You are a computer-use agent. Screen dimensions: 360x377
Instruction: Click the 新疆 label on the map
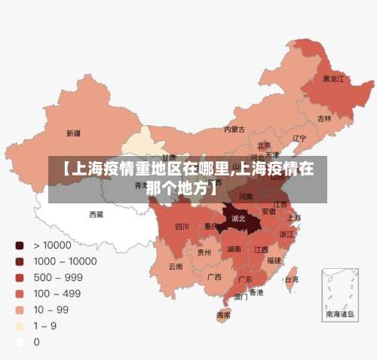coord(73,133)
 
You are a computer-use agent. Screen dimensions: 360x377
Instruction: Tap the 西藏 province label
coord(97,215)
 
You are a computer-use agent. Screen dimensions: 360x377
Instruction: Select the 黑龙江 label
coord(333,78)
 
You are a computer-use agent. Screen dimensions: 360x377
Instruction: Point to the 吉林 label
coord(324,118)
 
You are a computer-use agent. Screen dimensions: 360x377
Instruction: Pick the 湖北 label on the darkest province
coord(239,218)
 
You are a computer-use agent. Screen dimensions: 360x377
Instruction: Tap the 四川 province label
coord(182,227)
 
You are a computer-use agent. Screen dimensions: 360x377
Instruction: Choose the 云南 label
coord(176,266)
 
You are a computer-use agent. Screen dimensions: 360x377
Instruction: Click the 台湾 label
coord(290,279)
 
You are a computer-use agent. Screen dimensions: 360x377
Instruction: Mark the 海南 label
coord(224,315)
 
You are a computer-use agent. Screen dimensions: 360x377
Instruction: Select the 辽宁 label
coord(299,139)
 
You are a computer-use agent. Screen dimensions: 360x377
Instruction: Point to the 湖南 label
coord(234,249)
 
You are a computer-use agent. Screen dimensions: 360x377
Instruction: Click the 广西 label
coord(213,276)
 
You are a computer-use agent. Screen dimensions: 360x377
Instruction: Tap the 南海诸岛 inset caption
coord(339,313)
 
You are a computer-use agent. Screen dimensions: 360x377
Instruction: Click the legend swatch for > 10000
coord(20,246)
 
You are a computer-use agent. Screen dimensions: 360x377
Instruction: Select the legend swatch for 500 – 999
coord(20,277)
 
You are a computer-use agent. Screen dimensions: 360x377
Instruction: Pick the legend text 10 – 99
coord(51,310)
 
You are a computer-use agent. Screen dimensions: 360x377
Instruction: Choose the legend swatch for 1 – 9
coord(20,325)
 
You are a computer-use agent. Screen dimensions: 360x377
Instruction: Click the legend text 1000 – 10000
coord(65,261)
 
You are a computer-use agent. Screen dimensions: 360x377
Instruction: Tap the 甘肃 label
coord(170,158)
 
